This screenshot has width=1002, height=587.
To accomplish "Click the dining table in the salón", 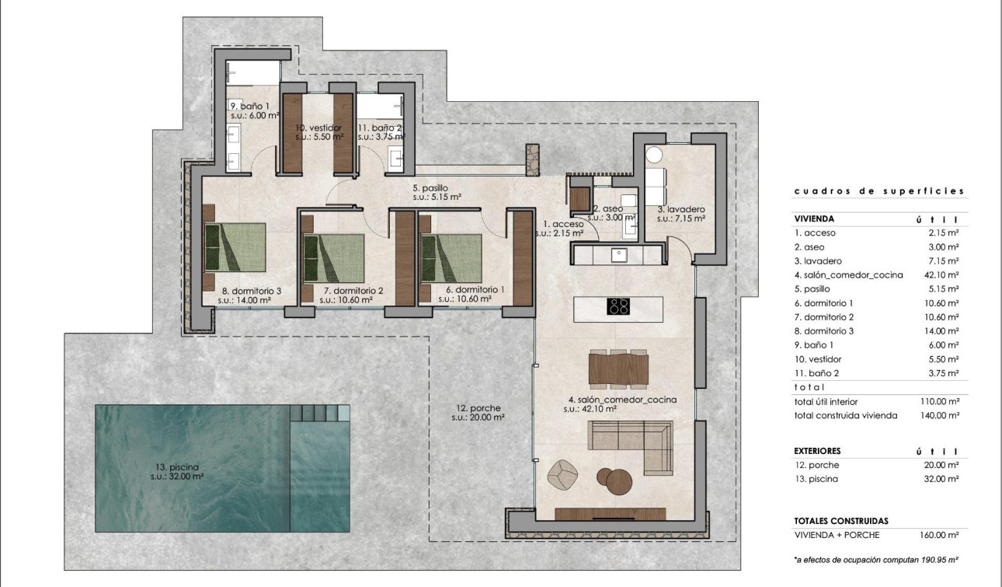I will pyautogui.click(x=618, y=369).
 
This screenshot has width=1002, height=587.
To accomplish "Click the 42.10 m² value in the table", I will pyautogui.click(x=942, y=275).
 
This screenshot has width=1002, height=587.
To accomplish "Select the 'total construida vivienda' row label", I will pyautogui.click(x=845, y=415).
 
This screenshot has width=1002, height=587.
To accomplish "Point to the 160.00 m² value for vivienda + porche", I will pyautogui.click(x=941, y=535).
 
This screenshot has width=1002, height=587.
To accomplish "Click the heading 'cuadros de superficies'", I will pyautogui.click(x=878, y=190).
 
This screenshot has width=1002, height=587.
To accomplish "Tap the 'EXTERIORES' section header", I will pyautogui.click(x=817, y=451).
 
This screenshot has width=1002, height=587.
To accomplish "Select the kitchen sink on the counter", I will pyautogui.click(x=618, y=253).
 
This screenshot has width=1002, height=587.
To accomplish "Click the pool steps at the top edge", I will pyautogui.click(x=319, y=412).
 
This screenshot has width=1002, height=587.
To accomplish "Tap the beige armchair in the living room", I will pyautogui.click(x=562, y=473).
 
